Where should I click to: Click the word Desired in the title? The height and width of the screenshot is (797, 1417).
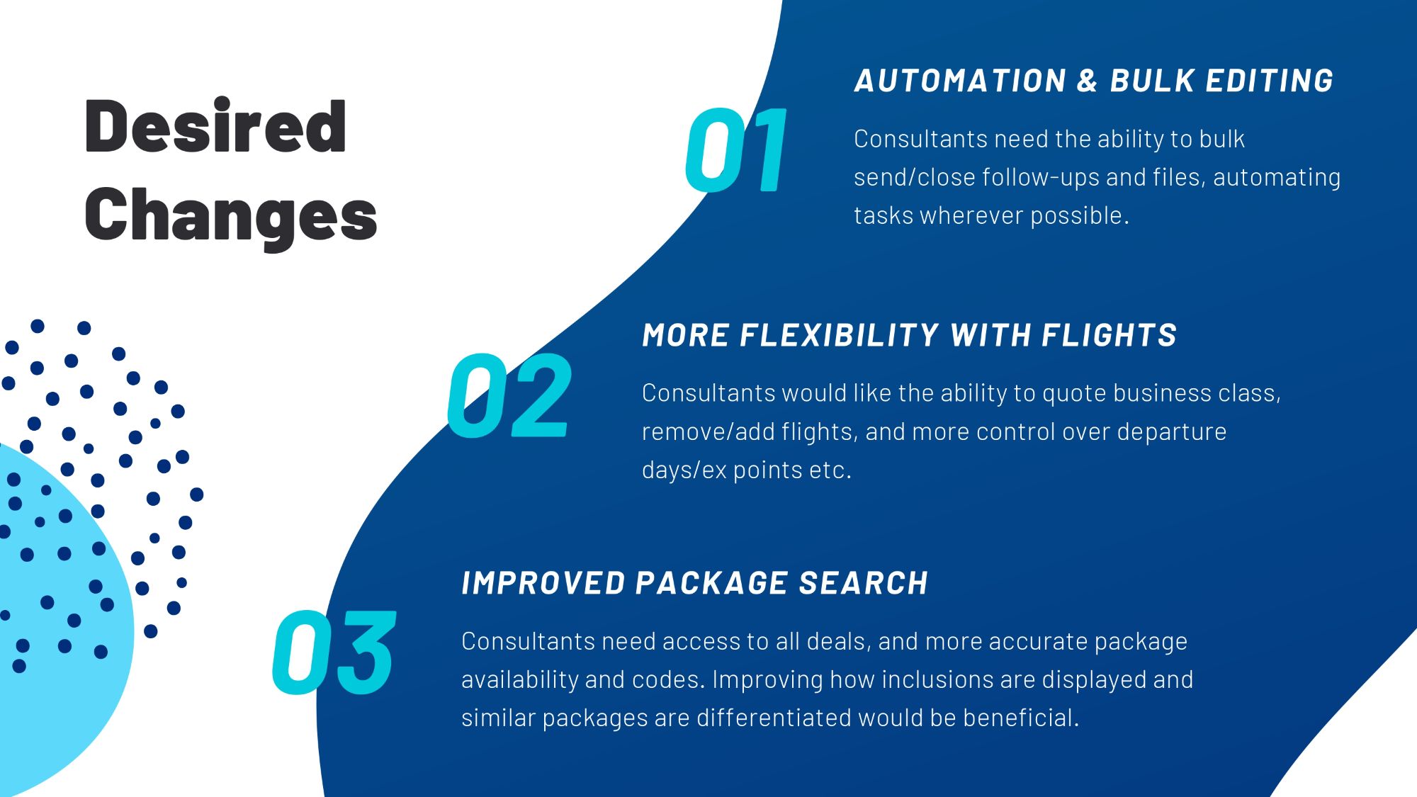tap(215, 127)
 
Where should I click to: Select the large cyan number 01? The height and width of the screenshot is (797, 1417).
tap(737, 150)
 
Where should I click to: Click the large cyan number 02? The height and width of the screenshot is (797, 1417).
tap(509, 395)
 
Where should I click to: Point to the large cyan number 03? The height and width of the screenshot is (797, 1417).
tap(334, 652)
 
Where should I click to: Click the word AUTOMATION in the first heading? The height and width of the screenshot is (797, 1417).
tap(960, 81)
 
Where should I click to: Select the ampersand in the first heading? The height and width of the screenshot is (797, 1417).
tap(1088, 81)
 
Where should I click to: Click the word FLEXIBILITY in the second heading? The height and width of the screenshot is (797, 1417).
tap(839, 335)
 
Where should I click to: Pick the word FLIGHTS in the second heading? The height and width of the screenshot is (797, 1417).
tap(1109, 335)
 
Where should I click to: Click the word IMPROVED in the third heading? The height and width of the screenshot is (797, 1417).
tap(543, 583)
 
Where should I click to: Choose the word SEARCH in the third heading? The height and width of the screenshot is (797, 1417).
tap(863, 583)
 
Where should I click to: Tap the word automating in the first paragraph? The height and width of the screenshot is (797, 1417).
tap(1277, 177)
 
